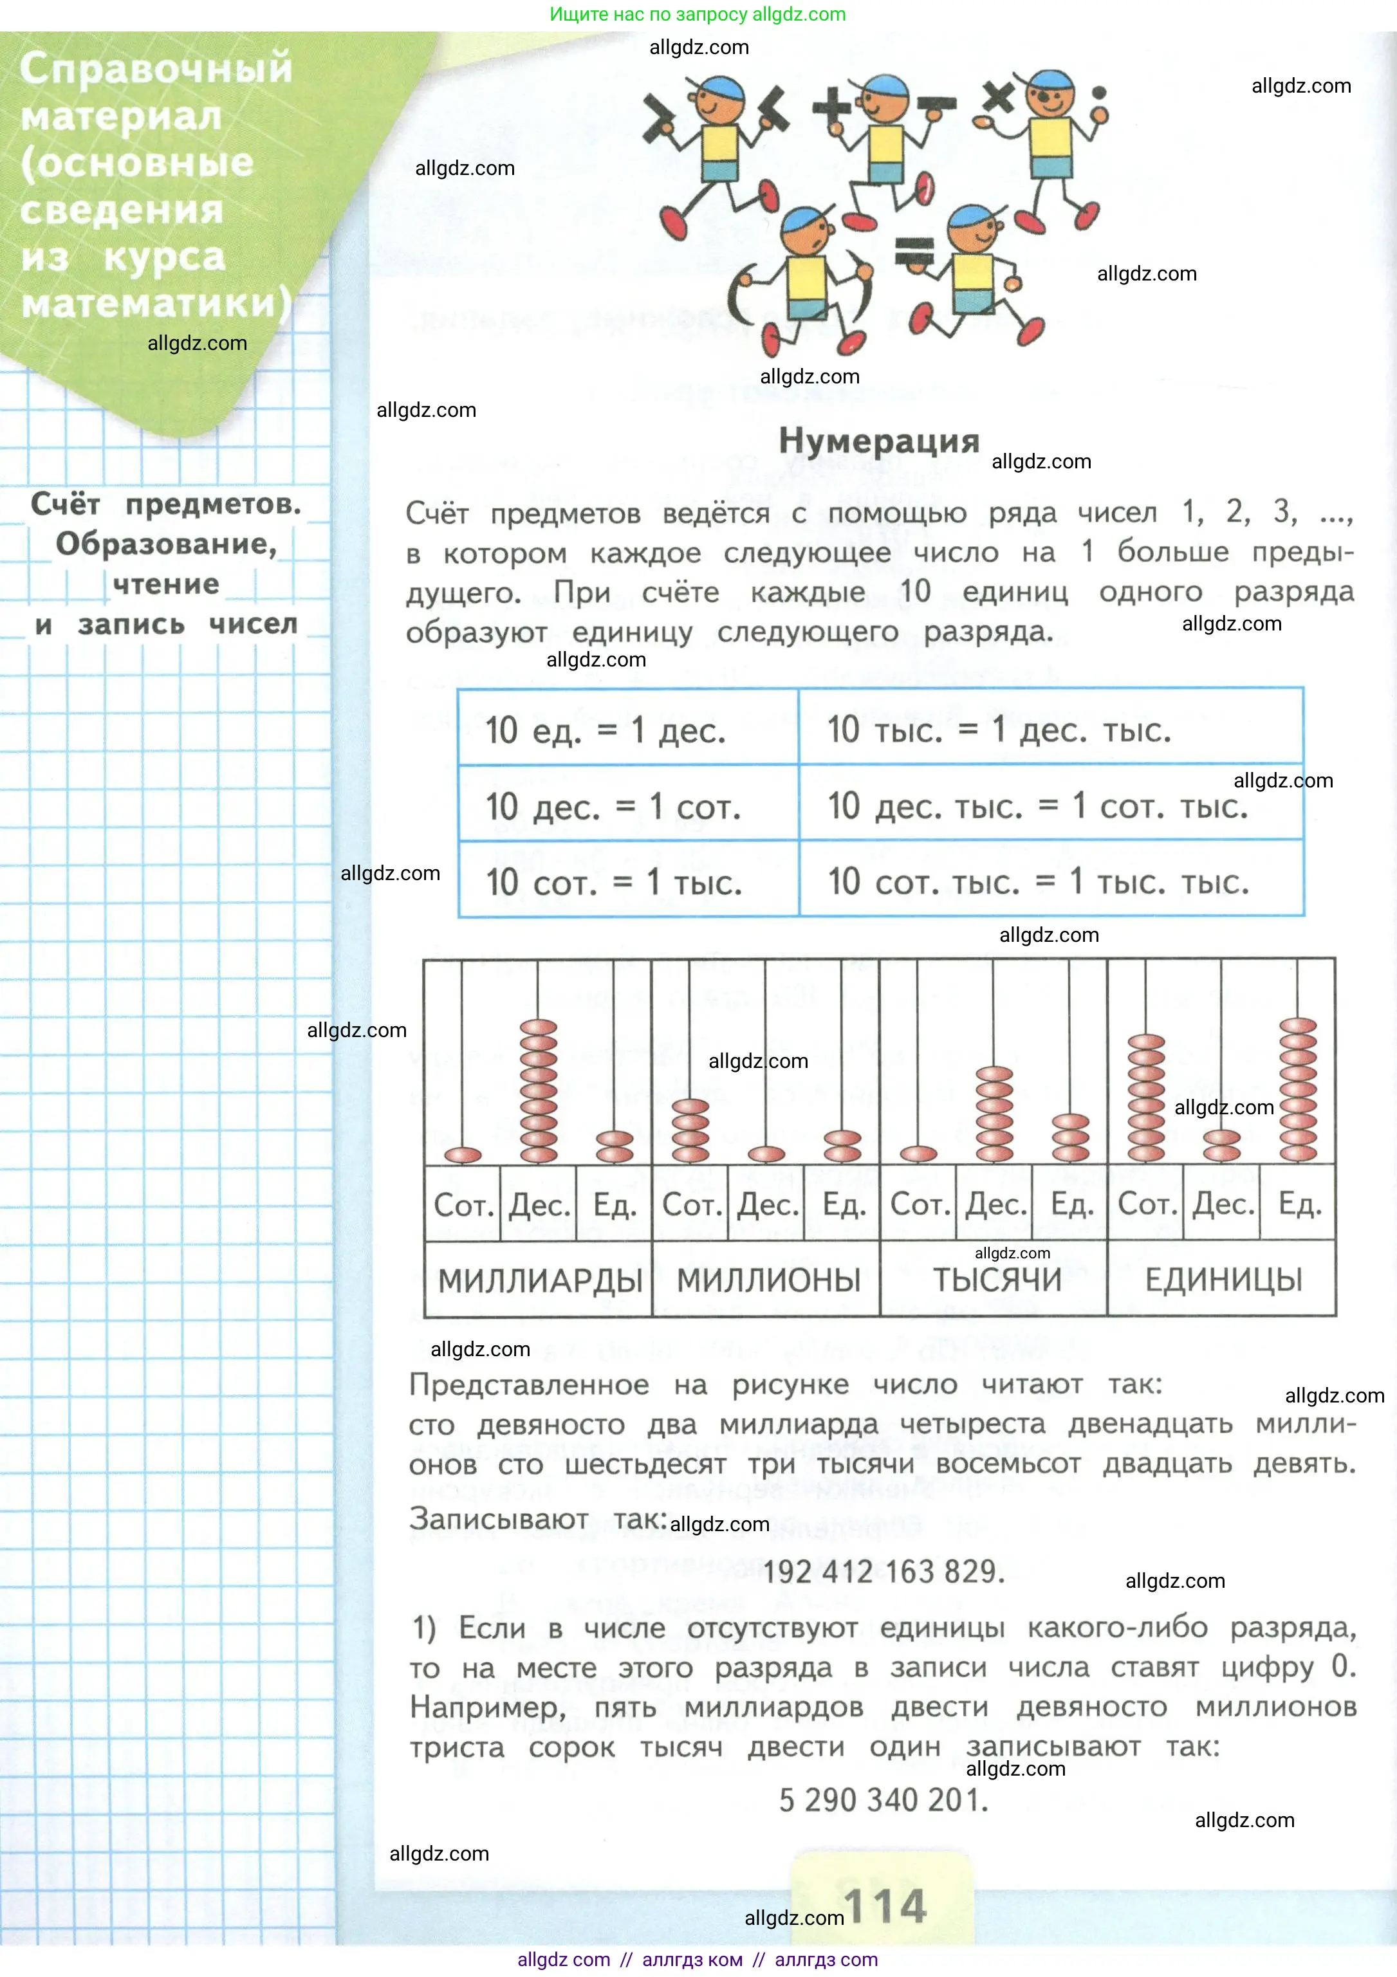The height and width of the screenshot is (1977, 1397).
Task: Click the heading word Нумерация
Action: tap(878, 441)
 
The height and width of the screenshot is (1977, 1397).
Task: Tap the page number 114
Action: tap(885, 1906)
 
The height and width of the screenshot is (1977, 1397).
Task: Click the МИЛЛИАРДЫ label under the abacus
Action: tap(540, 1280)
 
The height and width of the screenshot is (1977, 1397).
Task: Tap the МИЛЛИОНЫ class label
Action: tap(768, 1280)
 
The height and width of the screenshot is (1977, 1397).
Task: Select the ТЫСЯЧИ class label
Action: tap(997, 1280)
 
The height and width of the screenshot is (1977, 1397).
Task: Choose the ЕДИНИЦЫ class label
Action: tap(1223, 1280)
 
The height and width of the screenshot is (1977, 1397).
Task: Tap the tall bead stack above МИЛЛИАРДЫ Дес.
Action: tap(539, 1091)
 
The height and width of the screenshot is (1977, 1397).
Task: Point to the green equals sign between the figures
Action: tap(914, 253)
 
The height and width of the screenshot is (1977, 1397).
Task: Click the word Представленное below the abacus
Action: tap(529, 1384)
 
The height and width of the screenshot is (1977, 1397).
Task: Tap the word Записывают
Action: tap(498, 1518)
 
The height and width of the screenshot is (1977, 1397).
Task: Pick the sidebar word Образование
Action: tap(166, 544)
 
